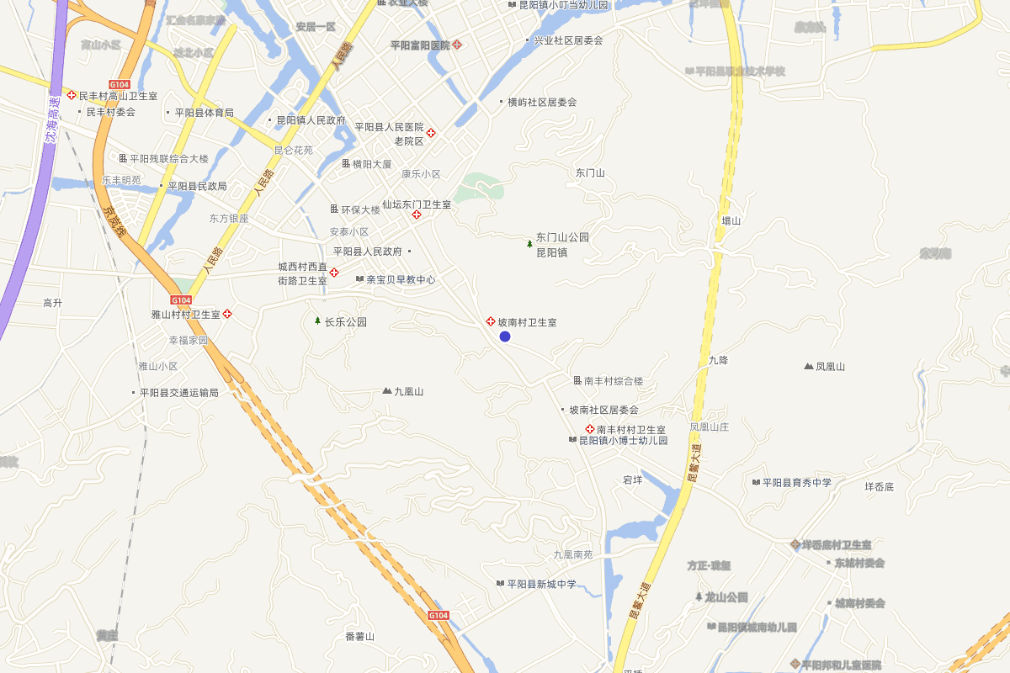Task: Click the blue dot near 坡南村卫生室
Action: point(505,336)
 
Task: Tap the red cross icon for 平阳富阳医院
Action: point(457,44)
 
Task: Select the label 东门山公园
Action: point(562,237)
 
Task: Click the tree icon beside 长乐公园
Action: point(317,321)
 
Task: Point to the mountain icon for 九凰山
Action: point(387,391)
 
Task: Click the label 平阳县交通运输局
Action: point(179,393)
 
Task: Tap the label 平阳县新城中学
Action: point(542,584)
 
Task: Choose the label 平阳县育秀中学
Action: point(797,482)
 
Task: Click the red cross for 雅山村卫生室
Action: point(227,314)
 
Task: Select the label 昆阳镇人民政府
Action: point(311,120)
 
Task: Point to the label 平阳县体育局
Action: point(205,113)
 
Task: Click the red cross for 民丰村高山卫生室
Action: point(72,96)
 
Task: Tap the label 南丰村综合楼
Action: point(614,381)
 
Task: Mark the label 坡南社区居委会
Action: point(603,411)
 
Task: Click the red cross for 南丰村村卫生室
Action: point(589,429)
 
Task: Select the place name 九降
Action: point(718,360)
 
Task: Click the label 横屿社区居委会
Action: point(542,103)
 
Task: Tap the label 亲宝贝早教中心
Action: point(401,279)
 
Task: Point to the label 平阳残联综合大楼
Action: point(168,158)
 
